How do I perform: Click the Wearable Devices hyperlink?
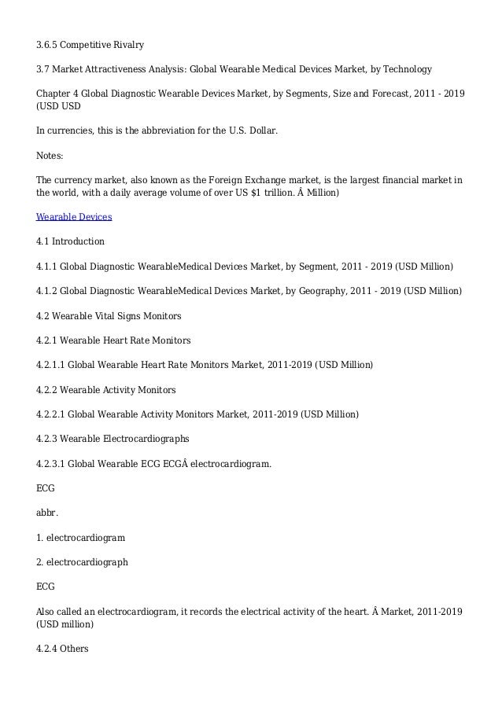(74, 216)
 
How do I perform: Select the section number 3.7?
(42, 70)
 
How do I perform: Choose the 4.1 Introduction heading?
(70, 241)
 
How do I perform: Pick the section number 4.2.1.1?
(52, 365)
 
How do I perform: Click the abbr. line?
(47, 513)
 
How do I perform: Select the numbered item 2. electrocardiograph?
(82, 562)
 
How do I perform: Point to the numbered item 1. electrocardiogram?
(81, 538)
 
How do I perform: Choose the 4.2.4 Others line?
(62, 649)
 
